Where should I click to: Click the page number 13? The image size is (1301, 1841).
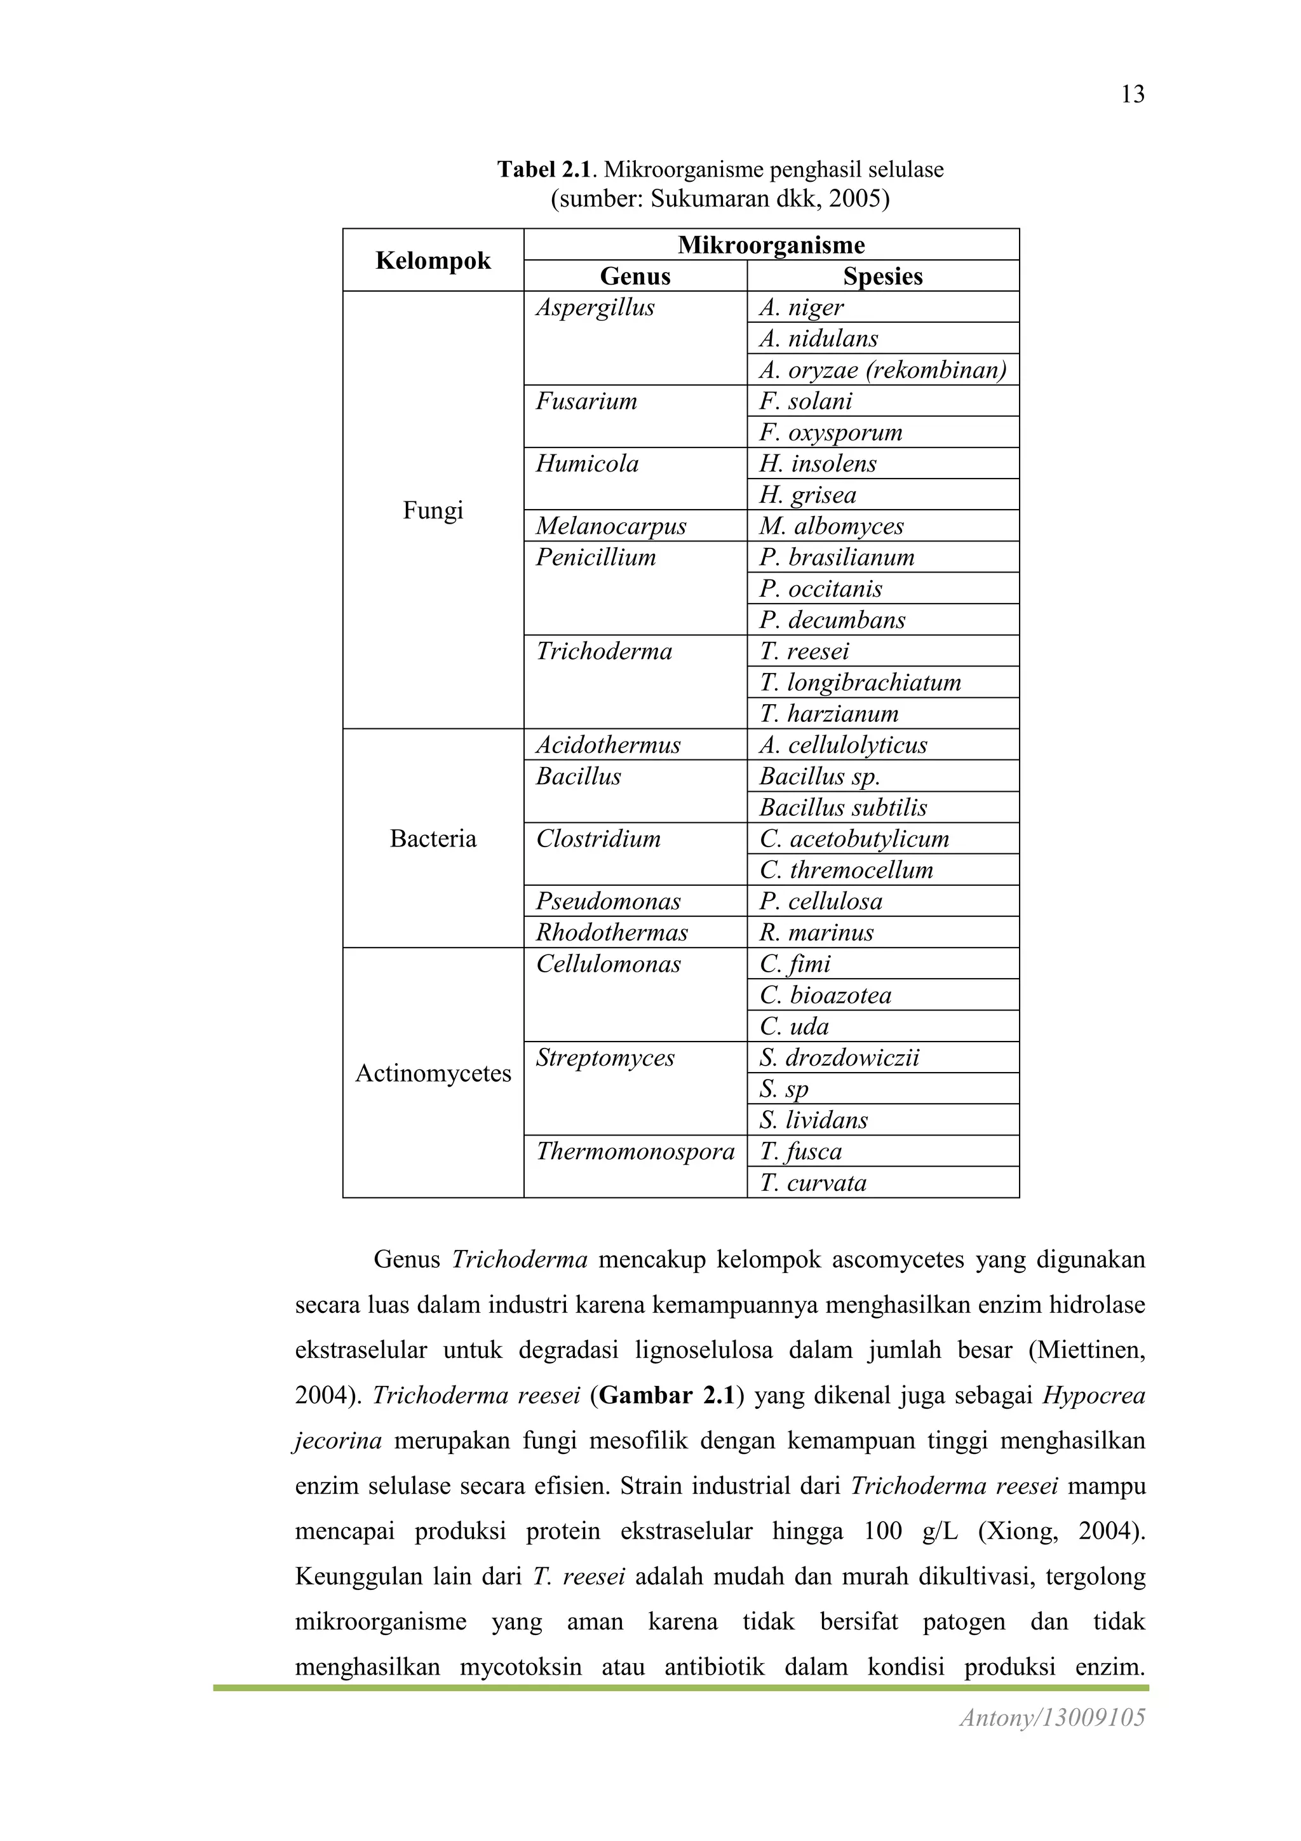point(1132,95)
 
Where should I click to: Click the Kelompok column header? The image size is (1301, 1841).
point(433,260)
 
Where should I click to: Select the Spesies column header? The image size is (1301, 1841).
point(882,276)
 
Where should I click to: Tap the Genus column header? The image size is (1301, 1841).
point(635,276)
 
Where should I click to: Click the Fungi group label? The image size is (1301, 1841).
point(433,510)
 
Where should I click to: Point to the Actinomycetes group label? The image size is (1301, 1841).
point(433,1073)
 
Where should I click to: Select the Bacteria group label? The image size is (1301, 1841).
point(433,839)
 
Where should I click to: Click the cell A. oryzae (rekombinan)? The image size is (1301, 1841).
point(882,370)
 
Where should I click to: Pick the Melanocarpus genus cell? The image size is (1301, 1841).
point(611,526)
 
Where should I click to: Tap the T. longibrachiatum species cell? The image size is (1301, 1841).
point(860,683)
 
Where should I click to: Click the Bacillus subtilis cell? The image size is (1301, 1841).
point(843,808)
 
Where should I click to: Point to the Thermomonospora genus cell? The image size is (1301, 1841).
point(635,1151)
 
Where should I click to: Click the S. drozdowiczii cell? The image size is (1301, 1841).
point(839,1057)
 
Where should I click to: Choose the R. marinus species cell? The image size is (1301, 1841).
point(817,932)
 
